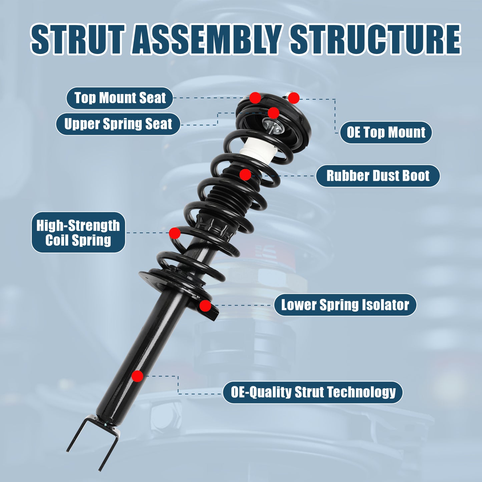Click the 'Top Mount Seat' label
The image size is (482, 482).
pyautogui.click(x=120, y=98)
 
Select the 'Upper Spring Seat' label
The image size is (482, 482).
pyautogui.click(x=118, y=124)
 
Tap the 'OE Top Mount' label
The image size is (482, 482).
pyautogui.click(x=386, y=132)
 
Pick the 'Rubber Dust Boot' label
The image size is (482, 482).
pyautogui.click(x=378, y=176)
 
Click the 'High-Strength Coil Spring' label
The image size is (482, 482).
pyautogui.click(x=78, y=232)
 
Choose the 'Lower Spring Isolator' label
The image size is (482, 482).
pyautogui.click(x=345, y=305)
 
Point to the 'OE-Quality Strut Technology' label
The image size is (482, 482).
pyautogui.click(x=313, y=392)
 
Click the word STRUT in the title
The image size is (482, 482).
pyautogui.click(x=77, y=39)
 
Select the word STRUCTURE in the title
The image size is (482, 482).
pyautogui.click(x=375, y=39)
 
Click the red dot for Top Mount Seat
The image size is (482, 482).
pyautogui.click(x=255, y=98)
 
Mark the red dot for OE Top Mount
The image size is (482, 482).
pyautogui.click(x=294, y=98)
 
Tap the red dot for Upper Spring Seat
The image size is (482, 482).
pyautogui.click(x=273, y=113)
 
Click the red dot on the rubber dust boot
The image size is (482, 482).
pyautogui.click(x=245, y=174)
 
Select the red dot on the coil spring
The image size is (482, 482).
pyautogui.click(x=175, y=233)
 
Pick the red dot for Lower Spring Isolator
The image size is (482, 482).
pyautogui.click(x=205, y=306)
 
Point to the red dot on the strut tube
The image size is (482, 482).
pyautogui.click(x=137, y=376)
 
